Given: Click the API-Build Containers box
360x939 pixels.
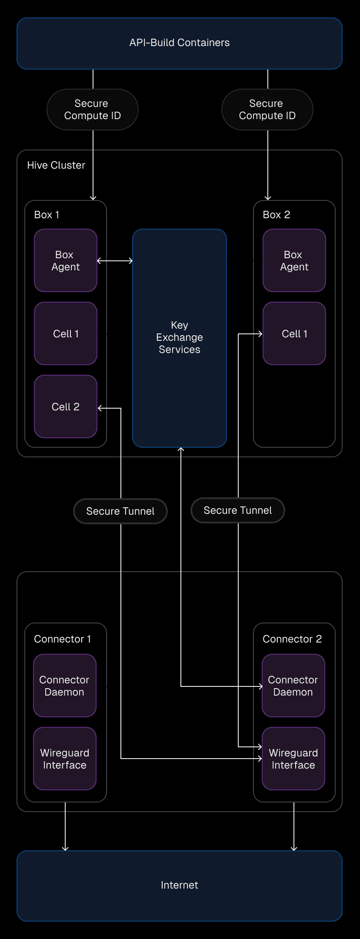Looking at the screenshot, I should [180, 43].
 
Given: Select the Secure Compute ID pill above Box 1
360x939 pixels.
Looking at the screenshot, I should [93, 110].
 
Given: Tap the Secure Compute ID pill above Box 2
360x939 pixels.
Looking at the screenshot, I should [267, 110].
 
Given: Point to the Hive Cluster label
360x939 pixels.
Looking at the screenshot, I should [56, 165].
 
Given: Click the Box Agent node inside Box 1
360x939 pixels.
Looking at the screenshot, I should [66, 260].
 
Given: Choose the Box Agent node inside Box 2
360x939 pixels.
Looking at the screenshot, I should [294, 260].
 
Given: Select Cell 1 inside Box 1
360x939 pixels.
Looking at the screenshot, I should [66, 333].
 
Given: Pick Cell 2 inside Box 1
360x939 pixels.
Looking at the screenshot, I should [66, 406].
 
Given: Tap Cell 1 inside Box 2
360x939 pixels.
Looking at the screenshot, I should [294, 333].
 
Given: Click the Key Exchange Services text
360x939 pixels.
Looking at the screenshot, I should [180, 337].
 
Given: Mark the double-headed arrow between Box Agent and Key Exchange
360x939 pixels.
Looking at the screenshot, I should [115, 261].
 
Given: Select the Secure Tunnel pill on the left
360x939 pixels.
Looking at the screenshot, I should [120, 511].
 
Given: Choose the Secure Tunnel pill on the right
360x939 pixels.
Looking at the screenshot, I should [238, 510].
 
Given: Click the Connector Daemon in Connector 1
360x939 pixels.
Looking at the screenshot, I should [65, 686].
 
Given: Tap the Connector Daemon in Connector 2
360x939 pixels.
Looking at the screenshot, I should [293, 686].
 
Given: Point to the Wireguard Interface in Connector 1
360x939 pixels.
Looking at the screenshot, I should [65, 759].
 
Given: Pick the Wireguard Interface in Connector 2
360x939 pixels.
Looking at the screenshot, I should [293, 759].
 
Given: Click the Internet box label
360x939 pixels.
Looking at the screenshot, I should [180, 885].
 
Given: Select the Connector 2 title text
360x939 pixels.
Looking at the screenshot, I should [292, 639].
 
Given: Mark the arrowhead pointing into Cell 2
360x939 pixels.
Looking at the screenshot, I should [100, 408].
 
